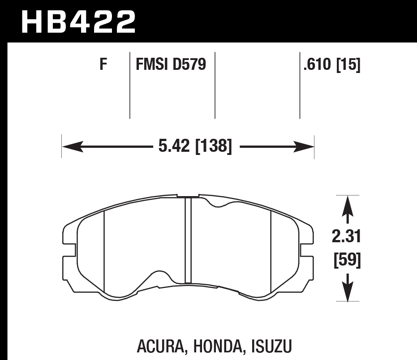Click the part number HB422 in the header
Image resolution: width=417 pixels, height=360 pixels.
78,22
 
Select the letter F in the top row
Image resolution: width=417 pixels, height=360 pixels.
103,64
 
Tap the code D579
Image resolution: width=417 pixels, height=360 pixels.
189,64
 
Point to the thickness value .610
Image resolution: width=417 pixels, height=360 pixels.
317,64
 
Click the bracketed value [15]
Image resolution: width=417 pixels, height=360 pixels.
348,64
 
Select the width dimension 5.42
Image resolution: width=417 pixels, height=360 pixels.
174,146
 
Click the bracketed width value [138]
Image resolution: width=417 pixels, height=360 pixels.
214,146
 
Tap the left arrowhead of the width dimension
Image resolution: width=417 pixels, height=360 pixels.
73,146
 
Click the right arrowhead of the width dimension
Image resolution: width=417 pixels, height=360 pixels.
303,146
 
